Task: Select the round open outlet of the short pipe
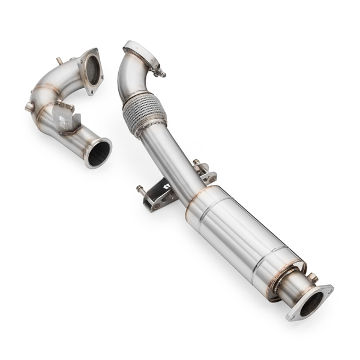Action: (x=98, y=152)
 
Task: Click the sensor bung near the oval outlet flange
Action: (x=312, y=277)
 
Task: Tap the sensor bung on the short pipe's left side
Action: (x=29, y=107)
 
